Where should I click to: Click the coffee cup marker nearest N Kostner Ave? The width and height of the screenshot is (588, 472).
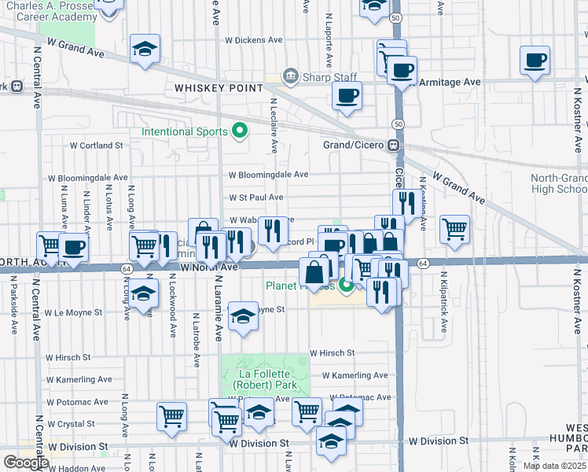pos(535,61)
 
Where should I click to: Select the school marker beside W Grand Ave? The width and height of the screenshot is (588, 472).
pos(145,50)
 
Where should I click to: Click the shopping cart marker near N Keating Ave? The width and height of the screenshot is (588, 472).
pos(454,229)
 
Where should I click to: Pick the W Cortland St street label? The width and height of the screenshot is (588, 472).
pos(97,146)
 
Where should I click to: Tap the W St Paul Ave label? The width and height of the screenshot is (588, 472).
pos(256,197)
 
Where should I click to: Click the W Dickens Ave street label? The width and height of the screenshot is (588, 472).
pos(253,39)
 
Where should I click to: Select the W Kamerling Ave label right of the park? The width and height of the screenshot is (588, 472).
pos(355,376)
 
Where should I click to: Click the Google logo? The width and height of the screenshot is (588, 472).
pos(26,463)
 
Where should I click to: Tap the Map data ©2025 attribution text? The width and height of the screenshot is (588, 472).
pos(554,466)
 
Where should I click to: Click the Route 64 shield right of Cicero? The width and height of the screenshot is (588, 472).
pos(422,263)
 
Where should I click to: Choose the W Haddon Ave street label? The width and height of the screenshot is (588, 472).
pos(76,468)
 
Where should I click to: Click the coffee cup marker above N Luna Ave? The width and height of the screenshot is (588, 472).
pos(74,247)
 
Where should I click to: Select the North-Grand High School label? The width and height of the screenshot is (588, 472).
pos(558,183)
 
